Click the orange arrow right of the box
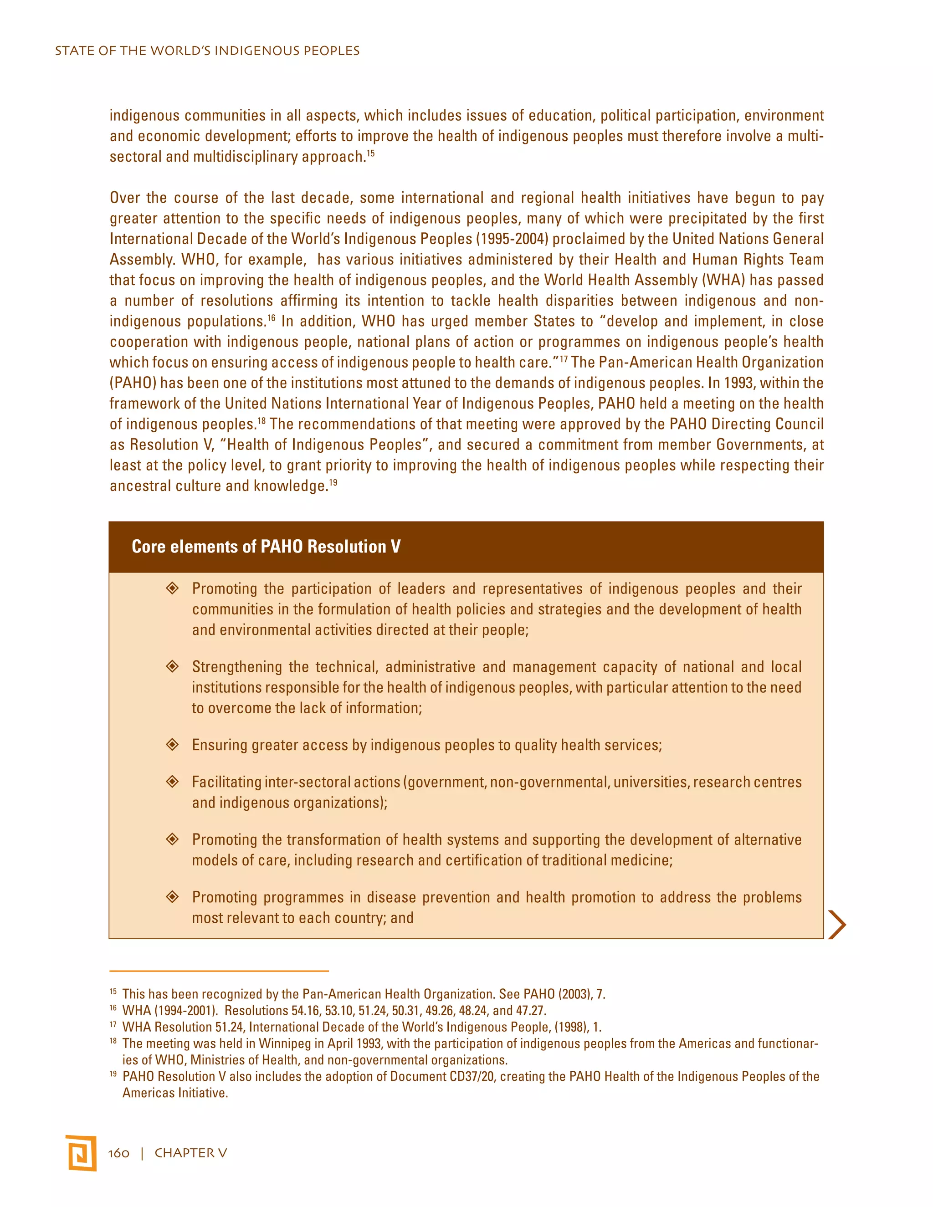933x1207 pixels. pyautogui.click(x=837, y=925)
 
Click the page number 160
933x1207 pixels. pyautogui.click(x=119, y=1153)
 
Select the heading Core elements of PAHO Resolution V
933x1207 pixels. pyautogui.click(x=266, y=547)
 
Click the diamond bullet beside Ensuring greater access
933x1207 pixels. pyautogui.click(x=173, y=744)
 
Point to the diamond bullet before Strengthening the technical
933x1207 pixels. pyautogui.click(x=173, y=666)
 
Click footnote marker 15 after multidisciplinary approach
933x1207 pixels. pyautogui.click(x=371, y=153)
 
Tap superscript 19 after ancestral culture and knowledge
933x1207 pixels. pyautogui.click(x=333, y=482)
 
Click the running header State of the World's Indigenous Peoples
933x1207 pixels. pyautogui.click(x=207, y=51)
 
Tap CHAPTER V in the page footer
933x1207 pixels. pyautogui.click(x=191, y=1153)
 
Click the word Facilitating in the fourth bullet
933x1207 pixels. pyautogui.click(x=226, y=782)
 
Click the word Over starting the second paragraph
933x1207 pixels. pyautogui.click(x=124, y=198)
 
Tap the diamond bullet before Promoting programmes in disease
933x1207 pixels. pyautogui.click(x=173, y=897)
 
